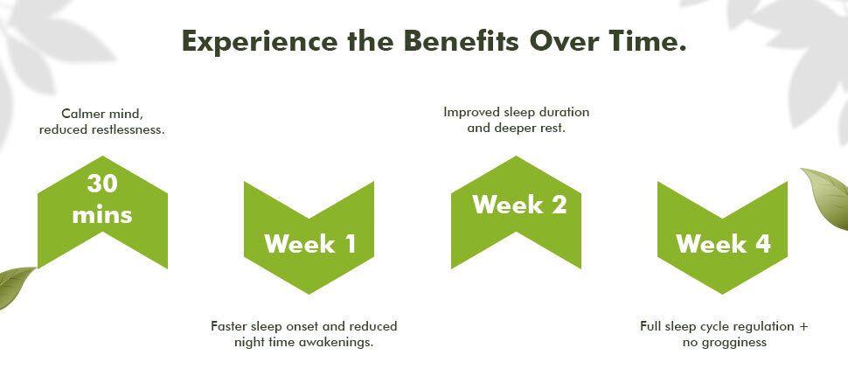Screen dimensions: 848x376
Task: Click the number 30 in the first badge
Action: (102, 184)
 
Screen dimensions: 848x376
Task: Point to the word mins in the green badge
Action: (102, 215)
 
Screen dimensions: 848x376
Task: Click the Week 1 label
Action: (310, 243)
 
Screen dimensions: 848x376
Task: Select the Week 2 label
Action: (519, 205)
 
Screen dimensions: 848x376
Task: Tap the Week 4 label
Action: (724, 243)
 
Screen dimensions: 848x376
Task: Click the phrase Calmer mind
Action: (101, 115)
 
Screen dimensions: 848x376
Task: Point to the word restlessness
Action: (129, 130)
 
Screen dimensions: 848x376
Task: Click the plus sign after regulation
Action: (804, 327)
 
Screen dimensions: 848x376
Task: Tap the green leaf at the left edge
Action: (15, 287)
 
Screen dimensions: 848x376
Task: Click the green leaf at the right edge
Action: (827, 198)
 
